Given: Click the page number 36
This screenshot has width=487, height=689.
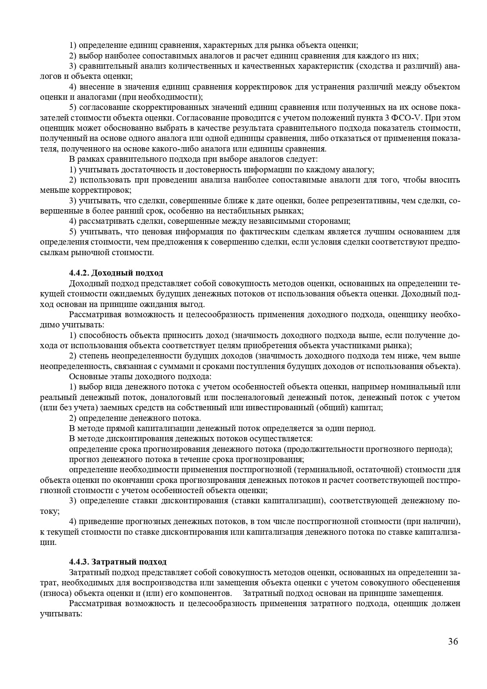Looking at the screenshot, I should tap(453, 642).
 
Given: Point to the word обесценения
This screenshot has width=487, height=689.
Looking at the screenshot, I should tap(435, 583).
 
